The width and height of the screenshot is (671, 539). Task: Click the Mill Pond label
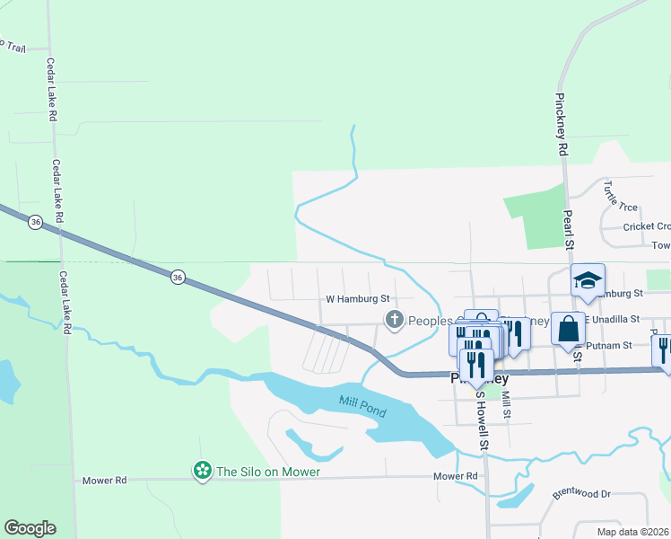point(362,405)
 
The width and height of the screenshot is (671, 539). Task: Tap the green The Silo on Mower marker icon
point(203,471)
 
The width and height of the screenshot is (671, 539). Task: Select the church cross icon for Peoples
point(393,319)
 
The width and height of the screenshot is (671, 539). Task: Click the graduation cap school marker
point(588,280)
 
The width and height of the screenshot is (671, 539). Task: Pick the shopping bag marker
point(568,329)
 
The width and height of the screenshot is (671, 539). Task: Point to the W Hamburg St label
point(357,298)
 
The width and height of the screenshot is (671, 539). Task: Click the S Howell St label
point(482,420)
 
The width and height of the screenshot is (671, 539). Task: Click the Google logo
point(30,528)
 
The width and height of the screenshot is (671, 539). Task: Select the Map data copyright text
point(632,532)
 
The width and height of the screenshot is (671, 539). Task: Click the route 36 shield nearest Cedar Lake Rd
point(35,221)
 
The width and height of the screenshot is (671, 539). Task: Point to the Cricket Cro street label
point(646,226)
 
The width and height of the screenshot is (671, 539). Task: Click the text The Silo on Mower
point(268,472)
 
